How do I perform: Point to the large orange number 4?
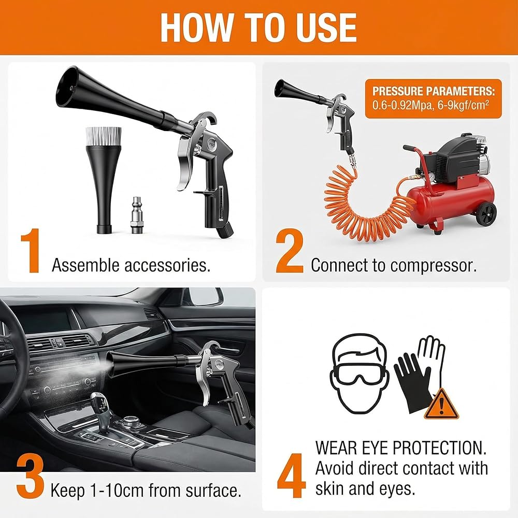click(291, 476)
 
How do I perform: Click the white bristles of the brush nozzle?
click(104, 136)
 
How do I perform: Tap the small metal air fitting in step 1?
click(136, 215)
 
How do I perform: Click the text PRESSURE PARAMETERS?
click(434, 91)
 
